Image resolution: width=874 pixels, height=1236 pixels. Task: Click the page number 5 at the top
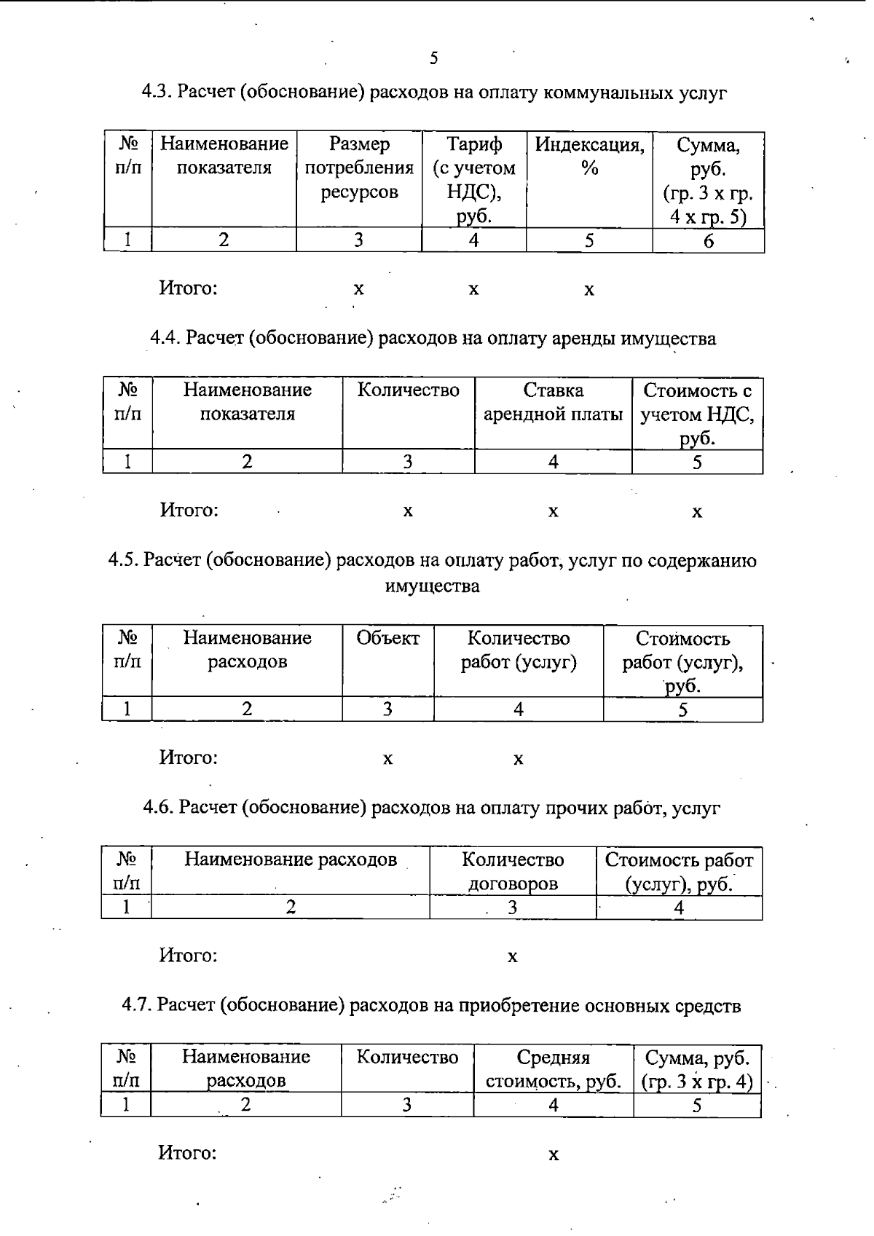pos(434,58)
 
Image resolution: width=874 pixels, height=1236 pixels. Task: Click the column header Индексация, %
pos(589,157)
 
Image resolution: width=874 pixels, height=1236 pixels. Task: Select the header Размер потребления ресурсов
pos(358,168)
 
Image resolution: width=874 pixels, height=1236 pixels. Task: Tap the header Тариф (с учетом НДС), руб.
pos(473,180)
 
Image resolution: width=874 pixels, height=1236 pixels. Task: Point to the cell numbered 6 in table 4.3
pos(708,241)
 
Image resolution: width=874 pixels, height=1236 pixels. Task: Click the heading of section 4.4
pos(433,339)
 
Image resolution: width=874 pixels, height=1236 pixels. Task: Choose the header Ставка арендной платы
pos(553,402)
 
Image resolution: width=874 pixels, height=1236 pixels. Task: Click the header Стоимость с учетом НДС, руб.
pos(697,414)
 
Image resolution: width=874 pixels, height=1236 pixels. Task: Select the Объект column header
pos(387,639)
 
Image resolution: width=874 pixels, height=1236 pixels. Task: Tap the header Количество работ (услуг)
pos(518,650)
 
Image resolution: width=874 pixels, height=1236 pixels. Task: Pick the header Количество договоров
pos(513,872)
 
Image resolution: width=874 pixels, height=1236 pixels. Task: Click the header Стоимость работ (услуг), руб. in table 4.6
pos(679,872)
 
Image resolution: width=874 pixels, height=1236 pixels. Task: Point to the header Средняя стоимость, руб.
pos(553,1068)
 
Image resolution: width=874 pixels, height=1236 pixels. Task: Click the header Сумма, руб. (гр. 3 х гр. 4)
pos(696,1068)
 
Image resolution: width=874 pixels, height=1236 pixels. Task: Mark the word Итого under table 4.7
pos(188,1154)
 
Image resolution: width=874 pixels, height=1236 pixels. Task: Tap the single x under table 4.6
pos(513,956)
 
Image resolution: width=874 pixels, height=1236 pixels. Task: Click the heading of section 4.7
pos(431,1006)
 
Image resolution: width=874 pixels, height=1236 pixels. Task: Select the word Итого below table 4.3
pos(189,288)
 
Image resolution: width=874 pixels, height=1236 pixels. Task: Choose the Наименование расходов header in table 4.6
pos(290,860)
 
